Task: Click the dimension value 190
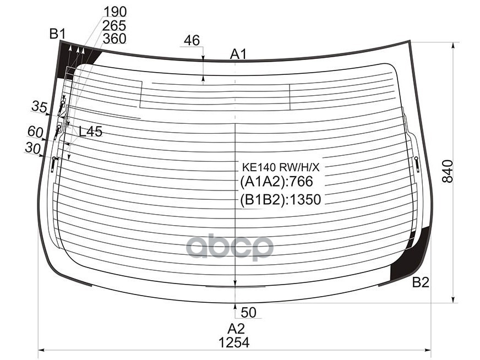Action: pyautogui.click(x=114, y=12)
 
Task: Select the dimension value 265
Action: pyautogui.click(x=114, y=25)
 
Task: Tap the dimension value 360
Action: pyautogui.click(x=114, y=39)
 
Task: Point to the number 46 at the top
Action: pyautogui.click(x=192, y=40)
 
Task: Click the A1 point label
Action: pyautogui.click(x=238, y=54)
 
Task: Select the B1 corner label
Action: pyautogui.click(x=57, y=34)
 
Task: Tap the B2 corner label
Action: pyautogui.click(x=421, y=282)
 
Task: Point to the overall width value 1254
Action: pyautogui.click(x=233, y=342)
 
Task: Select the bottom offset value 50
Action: pyautogui.click(x=249, y=313)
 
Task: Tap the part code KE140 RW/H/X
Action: pyautogui.click(x=281, y=167)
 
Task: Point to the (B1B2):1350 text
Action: pyautogui.click(x=280, y=199)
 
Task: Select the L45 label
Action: pyautogui.click(x=90, y=132)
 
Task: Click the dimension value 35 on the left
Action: pyautogui.click(x=39, y=106)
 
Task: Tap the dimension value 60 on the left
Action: pyautogui.click(x=35, y=131)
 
